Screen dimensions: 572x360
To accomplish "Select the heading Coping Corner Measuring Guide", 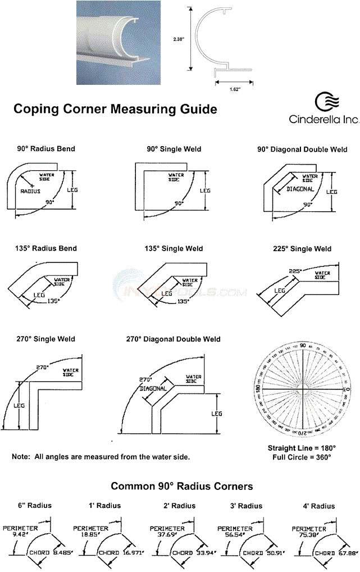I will (x=115, y=109).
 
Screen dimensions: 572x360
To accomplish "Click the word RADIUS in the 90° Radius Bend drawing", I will (x=31, y=191).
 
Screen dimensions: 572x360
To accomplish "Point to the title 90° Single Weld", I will (x=174, y=149).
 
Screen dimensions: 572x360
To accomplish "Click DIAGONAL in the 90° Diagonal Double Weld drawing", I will (x=300, y=189).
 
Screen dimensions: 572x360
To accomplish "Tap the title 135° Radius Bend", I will (x=46, y=248).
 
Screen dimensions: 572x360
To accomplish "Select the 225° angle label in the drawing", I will (x=296, y=271).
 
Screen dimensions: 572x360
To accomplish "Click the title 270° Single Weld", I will (x=45, y=339).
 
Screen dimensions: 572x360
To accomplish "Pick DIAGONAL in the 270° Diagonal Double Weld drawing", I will (x=153, y=388).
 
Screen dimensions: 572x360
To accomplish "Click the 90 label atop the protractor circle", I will (x=303, y=346).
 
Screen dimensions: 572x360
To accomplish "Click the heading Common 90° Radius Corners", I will (x=181, y=486).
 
